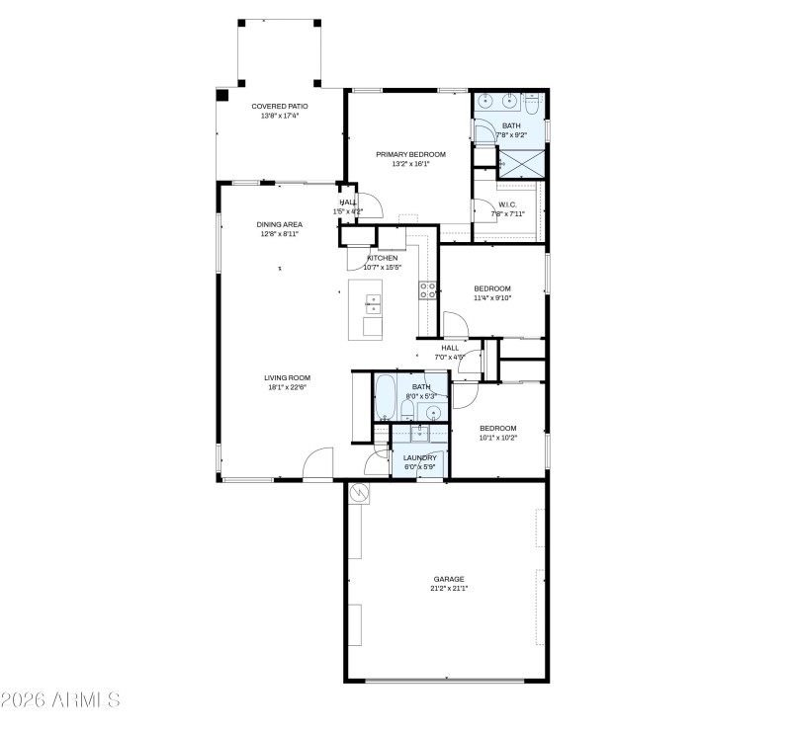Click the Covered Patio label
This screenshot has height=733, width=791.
(x=280, y=106)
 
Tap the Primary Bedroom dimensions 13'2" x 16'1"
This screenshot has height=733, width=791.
(x=410, y=164)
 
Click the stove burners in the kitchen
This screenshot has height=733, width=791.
(x=429, y=289)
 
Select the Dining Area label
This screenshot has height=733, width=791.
(x=280, y=224)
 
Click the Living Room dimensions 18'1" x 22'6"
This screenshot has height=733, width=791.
(x=287, y=387)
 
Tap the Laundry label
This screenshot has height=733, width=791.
(x=419, y=457)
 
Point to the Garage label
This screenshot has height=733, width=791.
(x=448, y=579)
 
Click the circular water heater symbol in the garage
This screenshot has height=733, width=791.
(x=360, y=492)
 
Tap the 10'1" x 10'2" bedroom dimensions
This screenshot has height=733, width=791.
(x=497, y=438)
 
